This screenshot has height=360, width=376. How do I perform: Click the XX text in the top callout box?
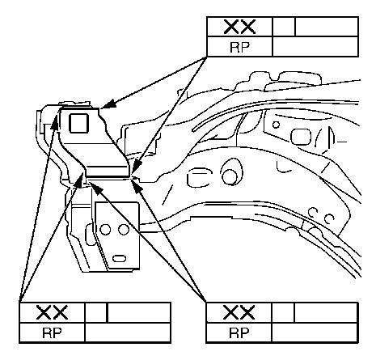pyautogui.click(x=239, y=27)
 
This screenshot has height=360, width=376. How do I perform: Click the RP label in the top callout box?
pyautogui.click(x=239, y=48)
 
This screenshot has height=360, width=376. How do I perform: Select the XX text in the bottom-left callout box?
pyautogui.click(x=52, y=313)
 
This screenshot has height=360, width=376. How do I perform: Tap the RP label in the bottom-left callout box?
pyautogui.click(x=52, y=333)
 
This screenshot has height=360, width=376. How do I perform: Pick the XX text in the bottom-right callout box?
pyautogui.click(x=239, y=313)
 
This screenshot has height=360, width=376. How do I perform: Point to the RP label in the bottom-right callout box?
pyautogui.click(x=239, y=333)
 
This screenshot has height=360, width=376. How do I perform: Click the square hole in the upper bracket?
pyautogui.click(x=78, y=123)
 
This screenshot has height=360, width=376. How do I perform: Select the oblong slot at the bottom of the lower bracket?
pyautogui.click(x=119, y=259)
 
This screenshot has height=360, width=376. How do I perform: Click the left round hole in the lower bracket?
pyautogui.click(x=105, y=230)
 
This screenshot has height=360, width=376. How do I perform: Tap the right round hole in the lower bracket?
pyautogui.click(x=124, y=230)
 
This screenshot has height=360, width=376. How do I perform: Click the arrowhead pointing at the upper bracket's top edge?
pyautogui.click(x=108, y=104)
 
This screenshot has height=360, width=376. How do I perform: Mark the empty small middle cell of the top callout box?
pyautogui.click(x=284, y=27)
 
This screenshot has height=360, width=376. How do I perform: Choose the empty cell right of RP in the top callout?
pyautogui.click(x=315, y=47)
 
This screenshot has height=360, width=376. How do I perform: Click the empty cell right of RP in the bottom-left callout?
pyautogui.click(x=128, y=332)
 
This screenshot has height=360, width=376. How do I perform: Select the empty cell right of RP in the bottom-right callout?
pyautogui.click(x=315, y=332)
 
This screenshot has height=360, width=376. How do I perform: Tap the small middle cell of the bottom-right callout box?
pyautogui.click(x=283, y=312)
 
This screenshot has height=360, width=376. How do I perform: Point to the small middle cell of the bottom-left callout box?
pyautogui.click(x=96, y=312)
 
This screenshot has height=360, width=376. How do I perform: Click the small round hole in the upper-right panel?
pyautogui.click(x=276, y=125)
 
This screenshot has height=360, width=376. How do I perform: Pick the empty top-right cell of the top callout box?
pyautogui.click(x=327, y=27)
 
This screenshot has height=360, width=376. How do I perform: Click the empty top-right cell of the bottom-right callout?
pyautogui.click(x=326, y=312)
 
